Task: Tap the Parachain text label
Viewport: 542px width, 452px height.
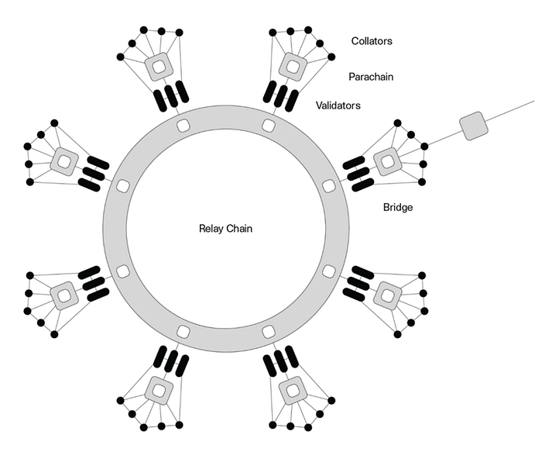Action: click(372, 77)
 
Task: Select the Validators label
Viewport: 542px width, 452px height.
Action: click(338, 105)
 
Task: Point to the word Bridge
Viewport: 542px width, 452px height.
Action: click(398, 208)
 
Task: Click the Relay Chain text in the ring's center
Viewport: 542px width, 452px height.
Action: click(226, 229)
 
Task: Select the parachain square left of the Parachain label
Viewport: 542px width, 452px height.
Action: click(292, 66)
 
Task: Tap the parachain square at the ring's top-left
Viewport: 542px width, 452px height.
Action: click(158, 67)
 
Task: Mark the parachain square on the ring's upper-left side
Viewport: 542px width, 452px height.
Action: click(64, 162)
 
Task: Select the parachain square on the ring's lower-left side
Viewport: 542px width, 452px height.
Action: click(64, 295)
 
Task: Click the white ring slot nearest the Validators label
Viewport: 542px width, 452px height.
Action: click(269, 126)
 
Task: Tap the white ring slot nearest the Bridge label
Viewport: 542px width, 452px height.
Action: click(328, 186)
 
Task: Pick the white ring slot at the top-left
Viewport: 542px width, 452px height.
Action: click(183, 126)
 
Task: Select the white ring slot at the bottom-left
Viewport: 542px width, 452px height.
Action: click(183, 332)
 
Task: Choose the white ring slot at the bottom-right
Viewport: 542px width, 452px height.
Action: click(269, 332)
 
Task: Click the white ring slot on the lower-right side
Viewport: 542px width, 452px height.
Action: click(328, 271)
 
